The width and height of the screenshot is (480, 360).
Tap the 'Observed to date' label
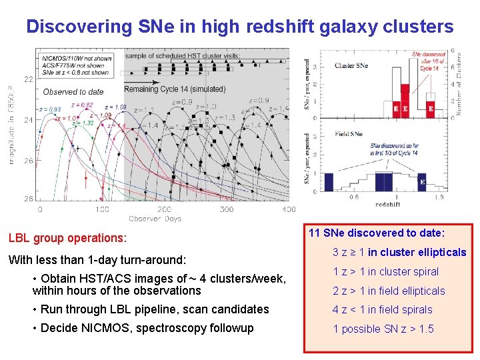pos(73,91)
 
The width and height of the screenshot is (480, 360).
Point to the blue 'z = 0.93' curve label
pos(50,109)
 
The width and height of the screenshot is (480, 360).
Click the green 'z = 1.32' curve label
pos(83,123)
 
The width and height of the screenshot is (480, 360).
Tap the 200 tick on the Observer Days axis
pos(164,209)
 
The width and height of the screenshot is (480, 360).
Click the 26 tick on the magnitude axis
pos(29,161)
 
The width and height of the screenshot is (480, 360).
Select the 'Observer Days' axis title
pos(154,218)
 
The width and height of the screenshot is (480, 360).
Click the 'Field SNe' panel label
pos(349,134)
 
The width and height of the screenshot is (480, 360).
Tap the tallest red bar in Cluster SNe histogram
pos(405,100)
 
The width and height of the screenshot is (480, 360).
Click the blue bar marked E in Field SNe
pos(421,181)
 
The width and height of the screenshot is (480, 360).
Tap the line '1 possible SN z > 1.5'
pos(383,329)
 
